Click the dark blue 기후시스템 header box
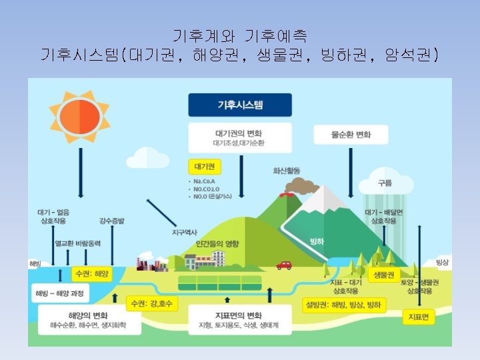click(x=240, y=105)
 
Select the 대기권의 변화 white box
click(x=240, y=137)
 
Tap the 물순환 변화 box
click(x=351, y=135)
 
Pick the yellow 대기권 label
click(x=205, y=166)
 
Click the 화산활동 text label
click(x=286, y=171)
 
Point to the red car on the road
click(x=284, y=265)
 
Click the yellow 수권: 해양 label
click(x=92, y=274)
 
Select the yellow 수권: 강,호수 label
click(x=153, y=303)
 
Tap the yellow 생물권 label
click(x=383, y=275)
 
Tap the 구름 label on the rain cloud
click(x=385, y=183)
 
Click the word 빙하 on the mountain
click(x=317, y=241)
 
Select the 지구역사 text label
click(x=185, y=233)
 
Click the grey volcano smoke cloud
click(x=305, y=186)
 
